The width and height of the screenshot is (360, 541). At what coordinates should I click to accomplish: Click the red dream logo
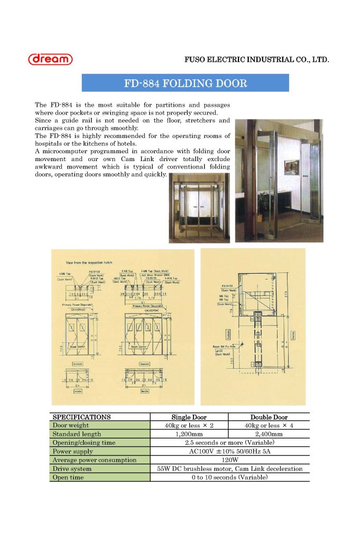[50, 59]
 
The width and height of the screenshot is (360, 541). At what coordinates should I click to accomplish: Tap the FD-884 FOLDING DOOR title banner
[185, 83]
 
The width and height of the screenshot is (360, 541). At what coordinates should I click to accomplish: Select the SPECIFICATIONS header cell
[81, 417]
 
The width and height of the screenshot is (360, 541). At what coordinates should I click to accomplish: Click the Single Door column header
[189, 417]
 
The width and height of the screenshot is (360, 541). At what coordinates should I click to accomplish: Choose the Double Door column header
[269, 417]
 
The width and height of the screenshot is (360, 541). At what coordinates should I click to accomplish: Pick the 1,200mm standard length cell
[189, 434]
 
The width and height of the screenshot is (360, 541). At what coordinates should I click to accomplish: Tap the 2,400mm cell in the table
[269, 434]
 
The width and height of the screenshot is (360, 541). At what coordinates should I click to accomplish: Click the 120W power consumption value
[229, 460]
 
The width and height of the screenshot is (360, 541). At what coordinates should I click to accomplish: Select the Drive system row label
[72, 469]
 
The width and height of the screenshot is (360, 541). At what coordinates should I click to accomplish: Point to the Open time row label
[68, 478]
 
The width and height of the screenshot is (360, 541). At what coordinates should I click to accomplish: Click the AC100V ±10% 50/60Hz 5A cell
[229, 452]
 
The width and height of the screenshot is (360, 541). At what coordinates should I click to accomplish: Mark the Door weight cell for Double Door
[269, 425]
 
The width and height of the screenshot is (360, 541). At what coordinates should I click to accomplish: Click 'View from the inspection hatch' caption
[89, 262]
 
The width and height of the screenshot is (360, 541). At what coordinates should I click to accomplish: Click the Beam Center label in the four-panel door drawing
[139, 347]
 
